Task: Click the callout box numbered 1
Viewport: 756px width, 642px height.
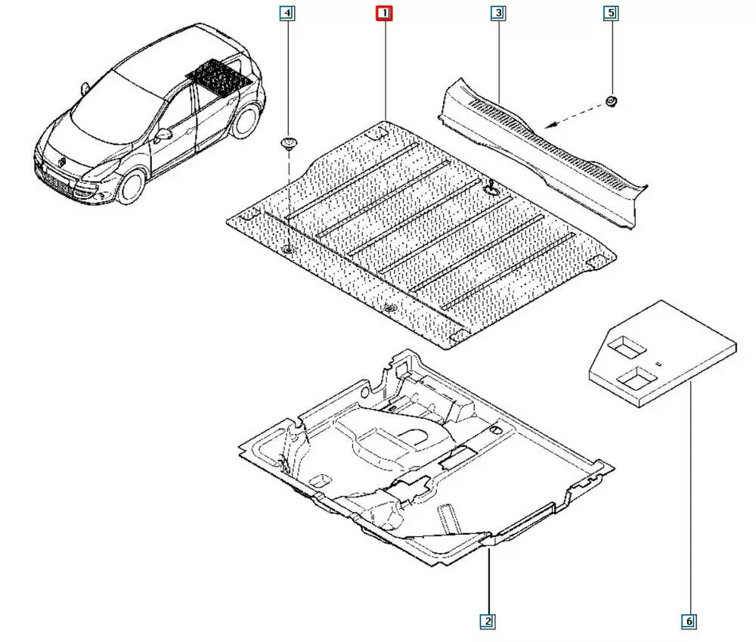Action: pyautogui.click(x=384, y=13)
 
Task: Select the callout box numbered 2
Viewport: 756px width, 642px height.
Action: pyautogui.click(x=487, y=622)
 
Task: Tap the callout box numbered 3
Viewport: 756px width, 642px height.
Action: pyautogui.click(x=498, y=13)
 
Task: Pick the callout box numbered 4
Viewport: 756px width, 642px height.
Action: pyautogui.click(x=287, y=13)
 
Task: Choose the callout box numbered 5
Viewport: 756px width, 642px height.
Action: pyautogui.click(x=611, y=13)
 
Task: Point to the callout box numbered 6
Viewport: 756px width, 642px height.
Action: pyautogui.click(x=689, y=622)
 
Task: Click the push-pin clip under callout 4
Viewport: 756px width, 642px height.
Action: pyautogui.click(x=288, y=144)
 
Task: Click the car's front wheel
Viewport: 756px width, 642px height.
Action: pyautogui.click(x=130, y=186)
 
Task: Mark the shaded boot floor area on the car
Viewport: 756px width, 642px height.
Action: pyautogui.click(x=219, y=77)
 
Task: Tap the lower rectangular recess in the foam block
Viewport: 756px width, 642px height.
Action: pyautogui.click(x=637, y=377)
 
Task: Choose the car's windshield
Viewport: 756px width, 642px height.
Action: pyautogui.click(x=111, y=110)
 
